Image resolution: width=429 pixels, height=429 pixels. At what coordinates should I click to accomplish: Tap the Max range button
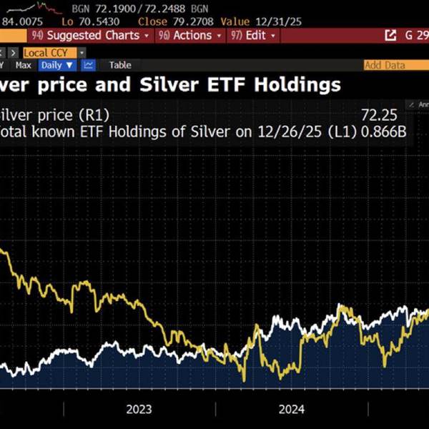[x=24, y=65]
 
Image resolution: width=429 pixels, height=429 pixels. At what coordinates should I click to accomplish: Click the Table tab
[x=120, y=65]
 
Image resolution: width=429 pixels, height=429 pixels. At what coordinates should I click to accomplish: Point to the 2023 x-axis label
[x=139, y=409]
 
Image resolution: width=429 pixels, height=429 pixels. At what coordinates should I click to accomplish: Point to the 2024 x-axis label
[x=292, y=409]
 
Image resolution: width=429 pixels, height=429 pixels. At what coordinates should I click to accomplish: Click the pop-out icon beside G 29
[x=390, y=35]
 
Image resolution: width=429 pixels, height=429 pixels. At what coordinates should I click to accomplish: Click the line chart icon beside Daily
[x=89, y=65]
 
